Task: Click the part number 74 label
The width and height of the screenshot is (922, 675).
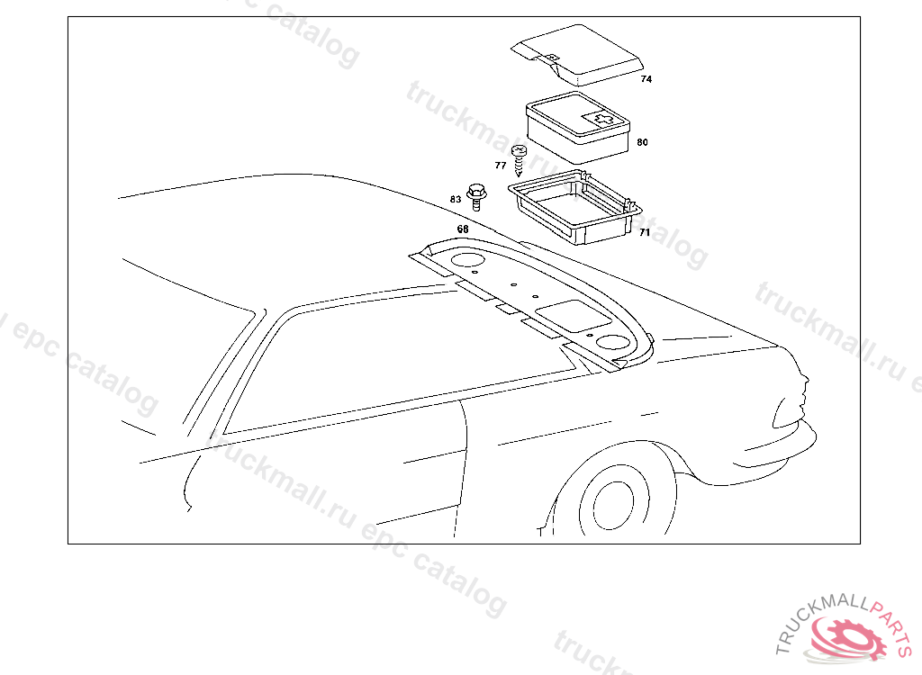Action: (646, 79)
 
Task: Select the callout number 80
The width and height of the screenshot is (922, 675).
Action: (642, 142)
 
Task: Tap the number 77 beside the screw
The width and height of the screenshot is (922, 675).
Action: (501, 166)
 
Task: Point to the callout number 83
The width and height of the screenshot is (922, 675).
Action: (456, 199)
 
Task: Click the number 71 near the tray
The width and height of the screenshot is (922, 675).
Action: (645, 232)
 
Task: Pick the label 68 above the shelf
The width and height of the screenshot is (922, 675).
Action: (463, 229)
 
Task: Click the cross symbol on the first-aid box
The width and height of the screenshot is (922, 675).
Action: (601, 118)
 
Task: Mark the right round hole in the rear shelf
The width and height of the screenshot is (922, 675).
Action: (612, 342)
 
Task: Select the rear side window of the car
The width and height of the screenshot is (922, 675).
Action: (378, 360)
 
